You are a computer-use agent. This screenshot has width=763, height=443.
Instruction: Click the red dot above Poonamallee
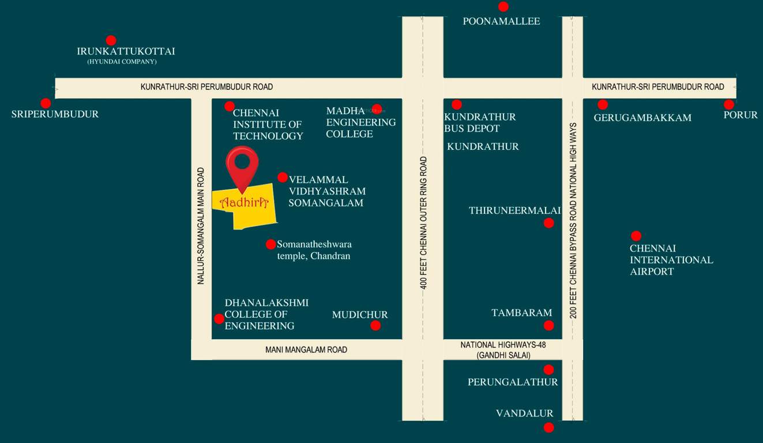coord(503,7)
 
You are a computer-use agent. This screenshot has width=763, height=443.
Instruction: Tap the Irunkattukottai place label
coord(126,51)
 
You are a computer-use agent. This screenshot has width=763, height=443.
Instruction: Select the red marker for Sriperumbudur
coord(46,103)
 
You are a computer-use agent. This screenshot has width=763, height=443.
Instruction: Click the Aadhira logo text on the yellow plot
coord(245,202)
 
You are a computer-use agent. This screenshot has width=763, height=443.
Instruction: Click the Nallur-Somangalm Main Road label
coord(201,226)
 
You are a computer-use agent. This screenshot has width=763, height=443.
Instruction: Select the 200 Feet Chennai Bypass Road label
coord(573,220)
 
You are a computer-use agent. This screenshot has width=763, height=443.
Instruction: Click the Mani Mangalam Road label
coord(306,350)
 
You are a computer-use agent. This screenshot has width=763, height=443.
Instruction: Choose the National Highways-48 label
coord(503,345)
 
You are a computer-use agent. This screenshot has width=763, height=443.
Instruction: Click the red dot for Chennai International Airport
coord(636,236)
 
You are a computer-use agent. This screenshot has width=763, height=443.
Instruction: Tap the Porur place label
coord(741,115)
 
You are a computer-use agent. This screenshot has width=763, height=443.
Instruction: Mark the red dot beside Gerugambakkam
coord(603,104)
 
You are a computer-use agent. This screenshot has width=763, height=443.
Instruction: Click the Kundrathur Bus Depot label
coord(480,122)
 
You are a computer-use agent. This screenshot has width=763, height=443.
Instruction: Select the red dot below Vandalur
coord(548,427)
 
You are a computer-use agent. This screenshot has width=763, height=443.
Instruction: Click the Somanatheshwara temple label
coord(314,250)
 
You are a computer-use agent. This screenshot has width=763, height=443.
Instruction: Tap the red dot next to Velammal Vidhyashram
coord(283,177)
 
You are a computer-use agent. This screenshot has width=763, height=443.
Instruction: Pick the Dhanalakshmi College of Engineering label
coord(266,314)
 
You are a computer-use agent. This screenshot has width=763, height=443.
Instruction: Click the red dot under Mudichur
coord(375,325)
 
